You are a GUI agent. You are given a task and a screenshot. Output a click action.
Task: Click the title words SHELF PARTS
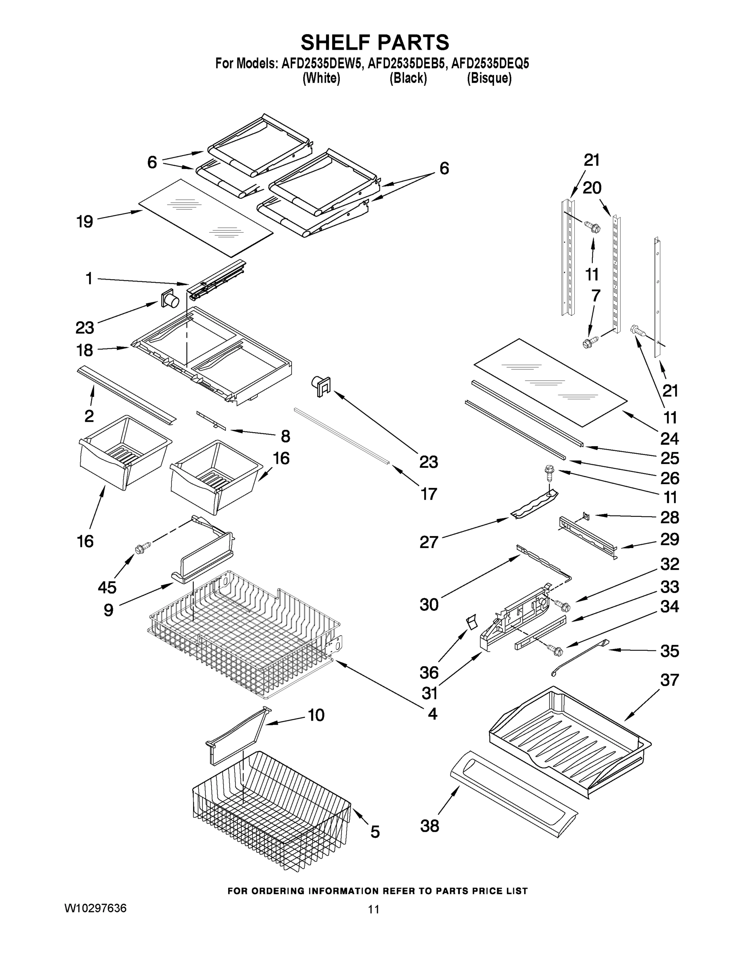tap(375, 43)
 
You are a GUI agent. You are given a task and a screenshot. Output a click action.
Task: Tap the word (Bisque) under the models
tap(489, 79)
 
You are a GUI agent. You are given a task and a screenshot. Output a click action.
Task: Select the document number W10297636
tap(95, 908)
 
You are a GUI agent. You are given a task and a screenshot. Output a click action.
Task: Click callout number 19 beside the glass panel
tap(85, 221)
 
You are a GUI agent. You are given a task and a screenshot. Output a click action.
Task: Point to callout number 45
tap(107, 587)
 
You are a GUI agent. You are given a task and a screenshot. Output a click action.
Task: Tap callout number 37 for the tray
tap(669, 680)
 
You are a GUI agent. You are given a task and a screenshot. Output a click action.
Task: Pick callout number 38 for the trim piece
tap(429, 825)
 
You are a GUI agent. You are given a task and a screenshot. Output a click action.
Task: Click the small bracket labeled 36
tap(472, 623)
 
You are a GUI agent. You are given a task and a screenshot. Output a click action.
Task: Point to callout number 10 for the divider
tap(316, 715)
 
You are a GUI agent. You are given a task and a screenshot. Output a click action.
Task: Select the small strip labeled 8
tap(211, 421)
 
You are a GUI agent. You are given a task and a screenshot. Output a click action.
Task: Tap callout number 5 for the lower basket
tap(375, 832)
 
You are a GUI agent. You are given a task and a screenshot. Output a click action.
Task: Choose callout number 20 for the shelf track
tap(592, 188)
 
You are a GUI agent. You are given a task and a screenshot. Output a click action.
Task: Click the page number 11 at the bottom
tap(374, 909)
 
